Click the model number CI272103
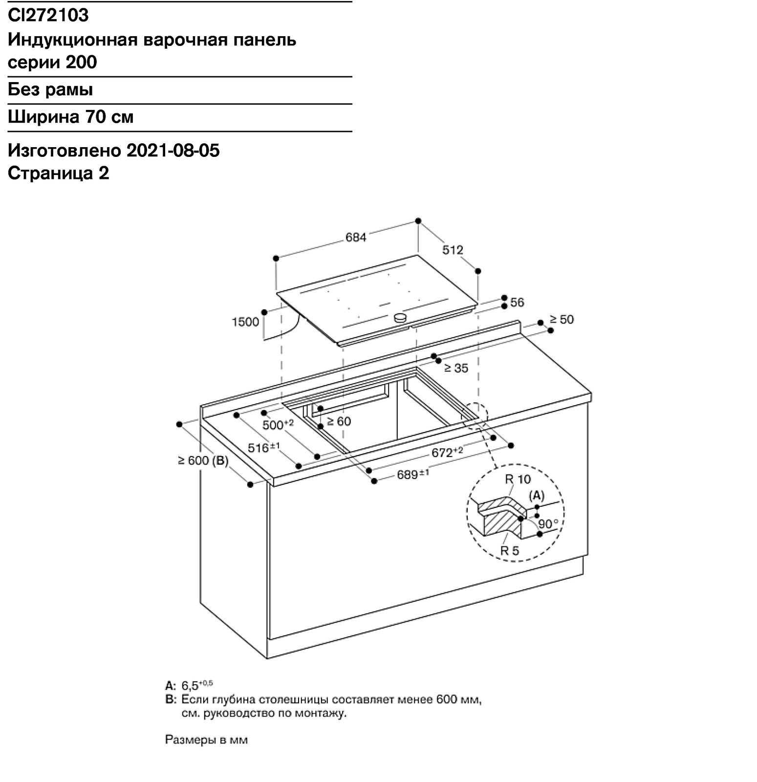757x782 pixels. [48, 15]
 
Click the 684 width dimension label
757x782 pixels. [356, 237]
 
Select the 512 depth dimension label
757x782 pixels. [453, 250]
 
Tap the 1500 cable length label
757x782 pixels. [245, 322]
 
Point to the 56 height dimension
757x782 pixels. [517, 303]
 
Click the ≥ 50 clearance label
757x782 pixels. [562, 319]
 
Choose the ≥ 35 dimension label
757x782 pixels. [456, 368]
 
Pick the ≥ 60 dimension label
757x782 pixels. [339, 421]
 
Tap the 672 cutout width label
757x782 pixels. [447, 452]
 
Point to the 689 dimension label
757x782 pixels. [413, 474]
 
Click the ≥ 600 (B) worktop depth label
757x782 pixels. [203, 460]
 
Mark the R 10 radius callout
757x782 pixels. [518, 479]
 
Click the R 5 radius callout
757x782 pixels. [509, 550]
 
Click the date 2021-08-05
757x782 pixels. [173, 151]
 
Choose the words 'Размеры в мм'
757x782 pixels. [206, 740]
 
